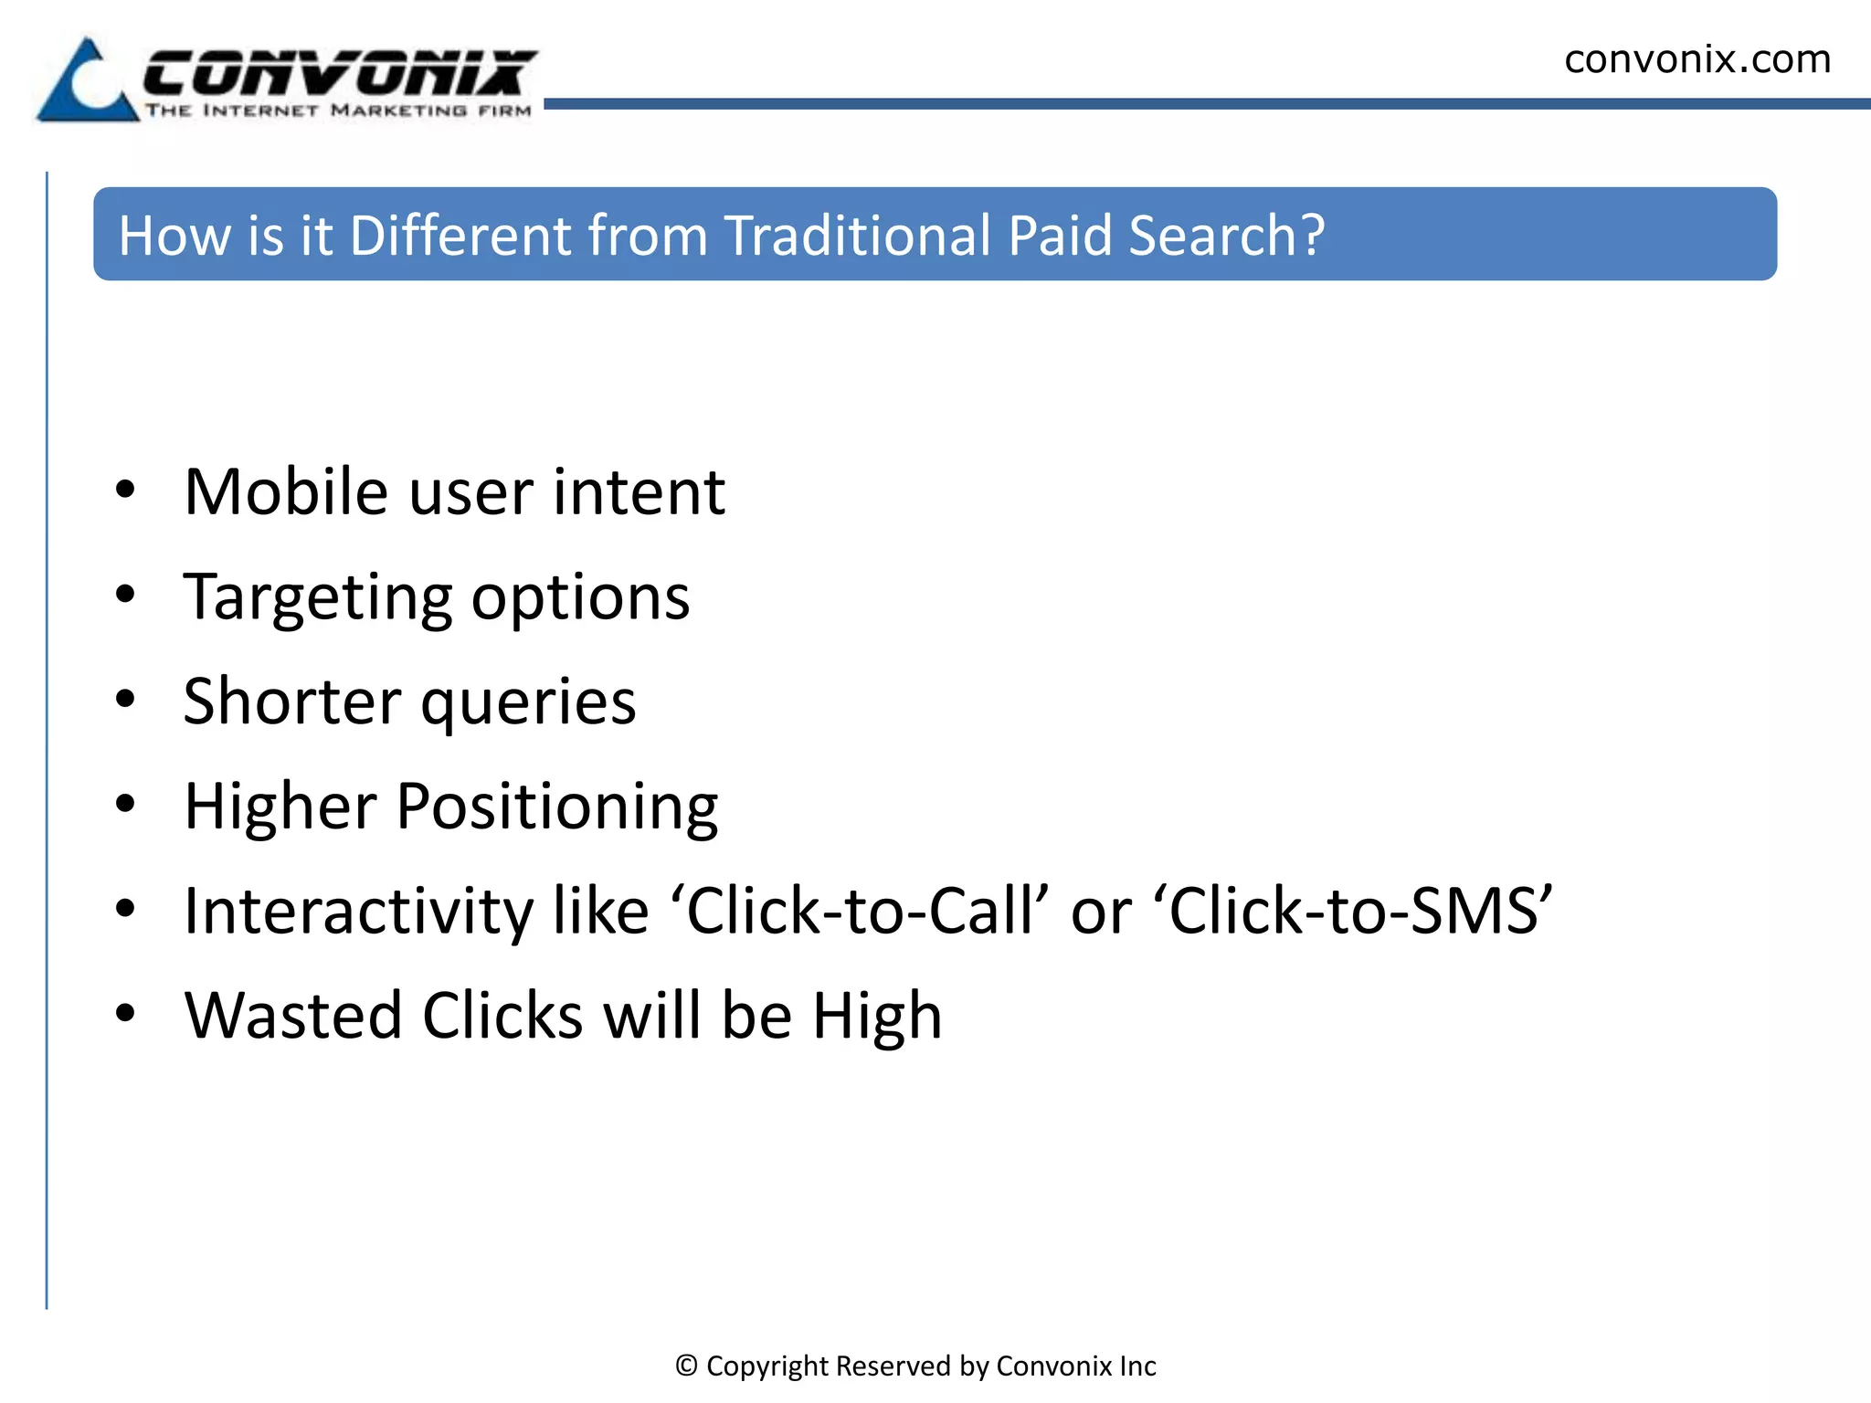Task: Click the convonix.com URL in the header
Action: (1697, 59)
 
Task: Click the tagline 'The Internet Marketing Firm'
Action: (338, 111)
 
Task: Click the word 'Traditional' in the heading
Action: (857, 236)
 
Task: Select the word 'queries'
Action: (528, 703)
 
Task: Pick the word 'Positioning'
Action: (557, 808)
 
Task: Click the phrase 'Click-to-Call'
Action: (860, 912)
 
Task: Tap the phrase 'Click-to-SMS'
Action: (1359, 912)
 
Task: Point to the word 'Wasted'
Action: (293, 1016)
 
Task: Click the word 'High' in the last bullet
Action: (877, 1018)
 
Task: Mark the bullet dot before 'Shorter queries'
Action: (126, 700)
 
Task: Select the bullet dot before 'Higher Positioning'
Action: (126, 804)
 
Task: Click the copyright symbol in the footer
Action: (686, 1366)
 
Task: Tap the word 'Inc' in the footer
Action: (1137, 1366)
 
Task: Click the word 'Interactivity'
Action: (358, 912)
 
